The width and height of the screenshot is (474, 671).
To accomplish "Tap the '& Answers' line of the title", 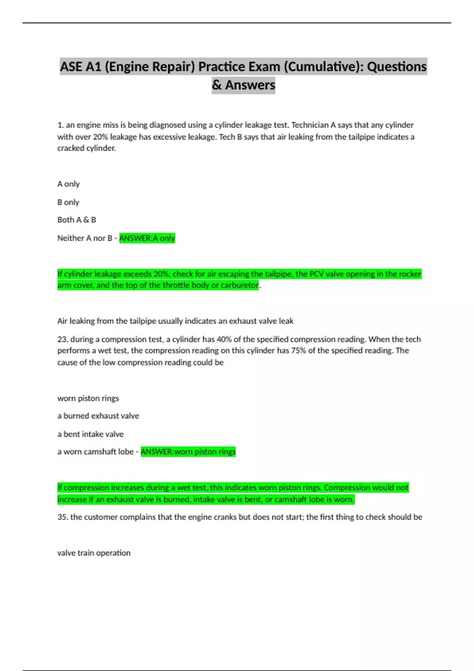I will (243, 85).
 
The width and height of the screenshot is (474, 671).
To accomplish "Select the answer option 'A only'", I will (68, 184).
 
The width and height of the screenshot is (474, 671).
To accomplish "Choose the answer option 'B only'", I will (68, 202).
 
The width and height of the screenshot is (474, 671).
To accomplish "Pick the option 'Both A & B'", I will (77, 220).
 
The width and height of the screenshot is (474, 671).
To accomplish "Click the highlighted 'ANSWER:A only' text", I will (147, 238).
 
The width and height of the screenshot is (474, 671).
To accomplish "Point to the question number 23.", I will (62, 339).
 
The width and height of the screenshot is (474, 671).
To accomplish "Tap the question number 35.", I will (62, 517).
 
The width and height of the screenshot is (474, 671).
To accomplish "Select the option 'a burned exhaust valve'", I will (98, 416).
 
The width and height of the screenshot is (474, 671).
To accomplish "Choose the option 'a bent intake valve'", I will (90, 434).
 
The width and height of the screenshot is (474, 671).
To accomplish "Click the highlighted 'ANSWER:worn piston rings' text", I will (188, 452).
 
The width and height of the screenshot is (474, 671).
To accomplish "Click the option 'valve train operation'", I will (94, 553).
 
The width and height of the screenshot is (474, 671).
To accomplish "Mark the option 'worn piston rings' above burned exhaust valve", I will (88, 398).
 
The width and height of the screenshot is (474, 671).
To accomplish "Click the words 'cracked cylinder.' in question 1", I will (87, 148).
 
